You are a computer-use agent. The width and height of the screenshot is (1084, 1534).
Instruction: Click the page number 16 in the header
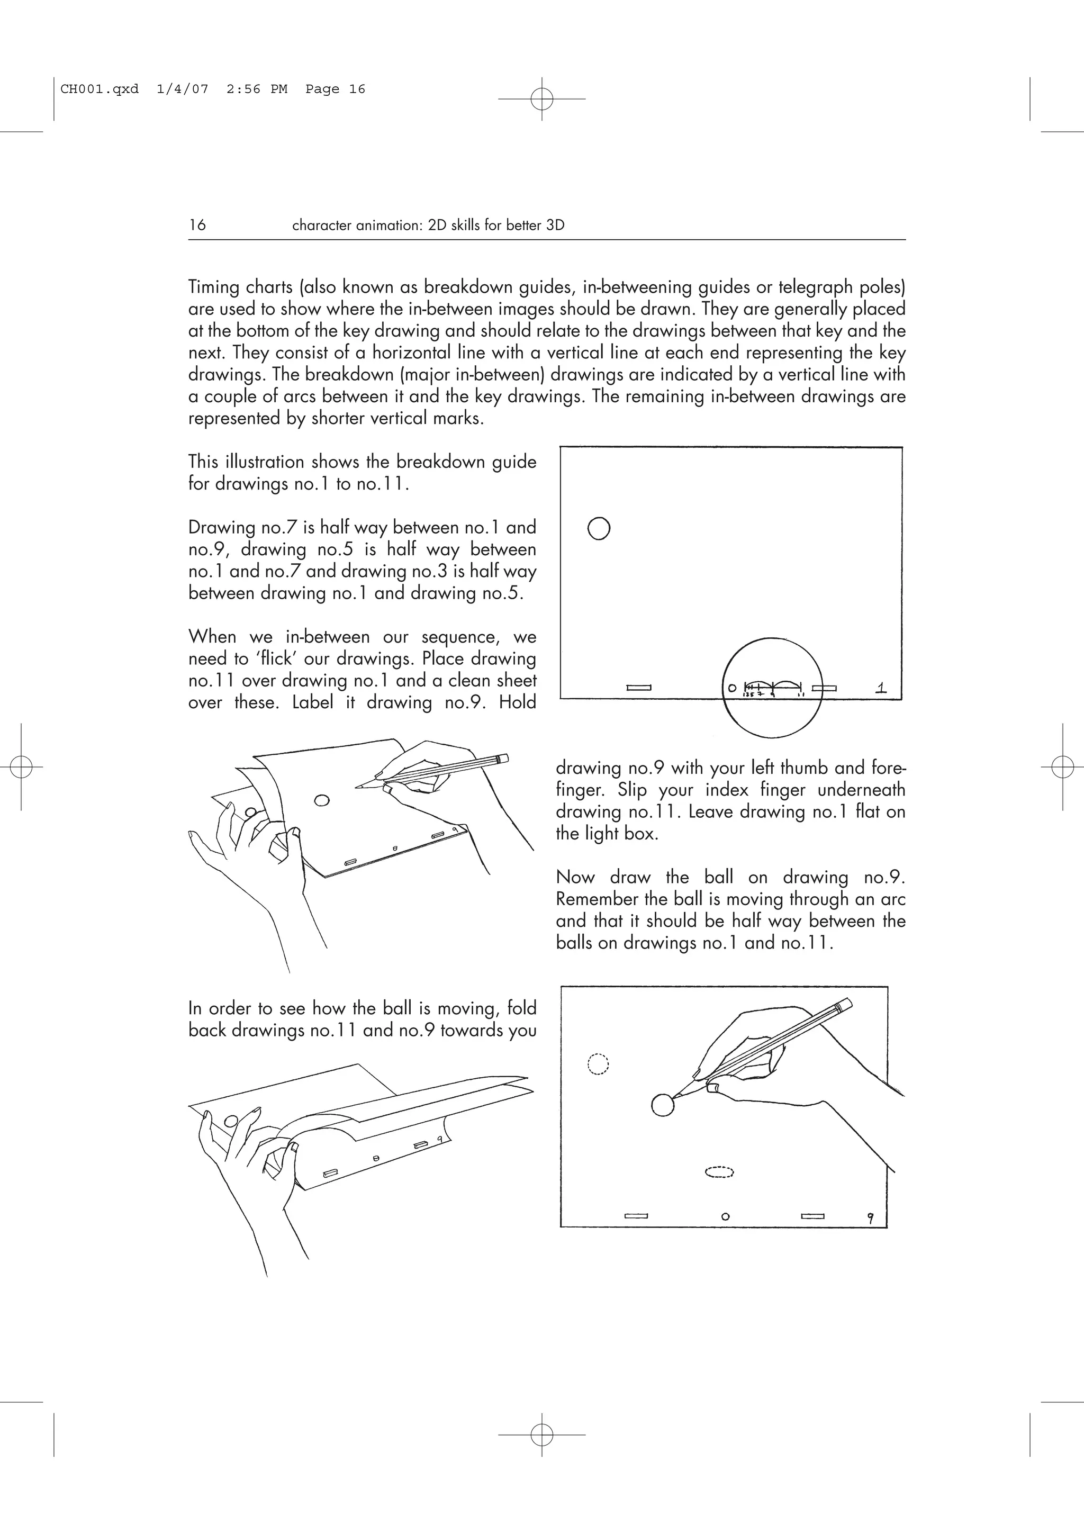[x=197, y=225]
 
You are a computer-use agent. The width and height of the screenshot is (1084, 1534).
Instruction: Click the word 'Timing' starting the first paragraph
[x=214, y=287]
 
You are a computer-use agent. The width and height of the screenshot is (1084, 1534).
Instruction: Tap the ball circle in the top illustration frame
[x=599, y=528]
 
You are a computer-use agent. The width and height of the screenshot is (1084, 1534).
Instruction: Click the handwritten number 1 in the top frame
[x=881, y=687]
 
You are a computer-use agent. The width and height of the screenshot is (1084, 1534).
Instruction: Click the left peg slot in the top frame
[x=639, y=688]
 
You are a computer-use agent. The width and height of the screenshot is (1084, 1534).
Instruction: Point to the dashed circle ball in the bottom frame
[x=598, y=1063]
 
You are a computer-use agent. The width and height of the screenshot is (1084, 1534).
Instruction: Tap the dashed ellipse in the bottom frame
[x=719, y=1171]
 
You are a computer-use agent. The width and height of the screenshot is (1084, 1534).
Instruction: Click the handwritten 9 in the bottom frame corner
[x=870, y=1218]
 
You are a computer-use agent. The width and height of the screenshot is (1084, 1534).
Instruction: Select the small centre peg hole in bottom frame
[x=725, y=1216]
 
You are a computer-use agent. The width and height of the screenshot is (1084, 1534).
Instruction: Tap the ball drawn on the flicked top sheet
[x=322, y=800]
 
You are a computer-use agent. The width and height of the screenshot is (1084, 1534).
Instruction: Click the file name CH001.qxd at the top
[x=100, y=89]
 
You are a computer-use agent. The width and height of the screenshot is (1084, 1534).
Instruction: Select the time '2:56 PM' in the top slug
[x=257, y=89]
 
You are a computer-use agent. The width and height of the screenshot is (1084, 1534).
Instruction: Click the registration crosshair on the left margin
[x=21, y=767]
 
